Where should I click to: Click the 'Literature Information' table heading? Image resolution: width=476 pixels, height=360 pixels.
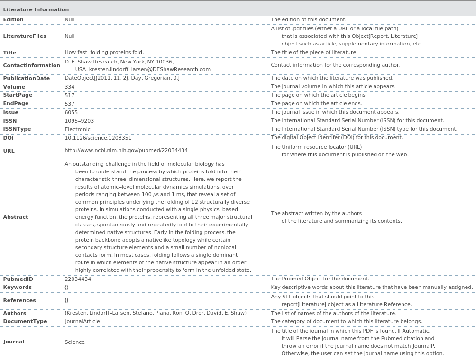[36, 9]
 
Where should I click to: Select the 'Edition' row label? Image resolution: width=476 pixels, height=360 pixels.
[13, 20]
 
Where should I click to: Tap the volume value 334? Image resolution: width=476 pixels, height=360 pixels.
[70, 87]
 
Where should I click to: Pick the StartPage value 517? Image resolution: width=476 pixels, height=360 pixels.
[70, 95]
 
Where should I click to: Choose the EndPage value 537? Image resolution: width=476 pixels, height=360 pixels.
[70, 104]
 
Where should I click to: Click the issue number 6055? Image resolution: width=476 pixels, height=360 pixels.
[71, 112]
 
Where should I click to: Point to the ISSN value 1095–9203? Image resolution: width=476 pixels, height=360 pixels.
[79, 121]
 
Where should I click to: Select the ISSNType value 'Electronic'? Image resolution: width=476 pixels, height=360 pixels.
[77, 129]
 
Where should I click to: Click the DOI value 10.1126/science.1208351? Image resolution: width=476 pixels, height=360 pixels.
[98, 138]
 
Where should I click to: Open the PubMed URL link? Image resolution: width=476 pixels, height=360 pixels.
[126, 151]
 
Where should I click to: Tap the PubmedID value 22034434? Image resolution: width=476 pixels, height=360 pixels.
[78, 279]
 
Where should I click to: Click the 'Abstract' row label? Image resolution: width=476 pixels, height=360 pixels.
[16, 217]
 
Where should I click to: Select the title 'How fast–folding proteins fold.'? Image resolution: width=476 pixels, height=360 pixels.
[104, 53]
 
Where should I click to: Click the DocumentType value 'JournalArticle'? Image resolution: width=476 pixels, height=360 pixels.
[82, 321]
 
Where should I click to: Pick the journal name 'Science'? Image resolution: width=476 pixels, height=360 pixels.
[75, 342]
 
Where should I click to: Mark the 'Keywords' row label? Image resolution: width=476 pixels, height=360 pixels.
[18, 288]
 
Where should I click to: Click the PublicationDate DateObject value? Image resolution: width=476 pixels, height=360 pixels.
[122, 78]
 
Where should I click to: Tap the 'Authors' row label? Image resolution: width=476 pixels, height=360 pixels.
[15, 313]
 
